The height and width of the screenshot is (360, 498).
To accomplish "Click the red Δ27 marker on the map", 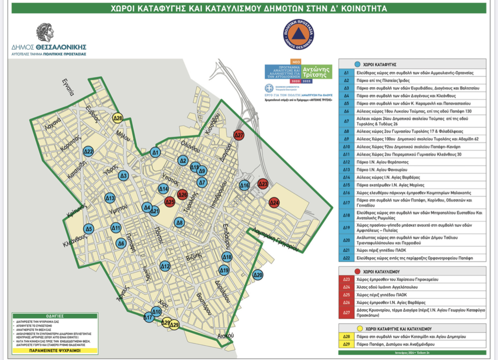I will [239, 135].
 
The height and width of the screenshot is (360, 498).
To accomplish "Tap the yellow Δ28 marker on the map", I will [117, 118].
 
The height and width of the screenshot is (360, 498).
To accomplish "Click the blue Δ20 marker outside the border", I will [258, 275].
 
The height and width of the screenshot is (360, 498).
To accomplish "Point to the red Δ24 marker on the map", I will [274, 203].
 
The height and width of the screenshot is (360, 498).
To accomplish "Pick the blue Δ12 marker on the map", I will [166, 266].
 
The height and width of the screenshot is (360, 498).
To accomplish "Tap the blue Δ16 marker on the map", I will [244, 185].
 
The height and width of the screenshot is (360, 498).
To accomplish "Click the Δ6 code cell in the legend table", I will [347, 111].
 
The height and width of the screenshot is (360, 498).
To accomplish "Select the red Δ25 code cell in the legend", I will [347, 295].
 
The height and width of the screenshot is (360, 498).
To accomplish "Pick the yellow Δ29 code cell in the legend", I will [347, 344].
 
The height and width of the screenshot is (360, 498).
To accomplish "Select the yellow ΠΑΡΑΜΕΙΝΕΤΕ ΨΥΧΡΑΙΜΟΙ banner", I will [55, 350].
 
